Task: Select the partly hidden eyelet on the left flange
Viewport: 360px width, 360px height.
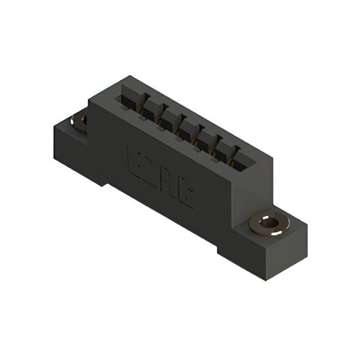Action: [x=79, y=121]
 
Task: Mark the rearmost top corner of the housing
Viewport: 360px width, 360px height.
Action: [x=130, y=76]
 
